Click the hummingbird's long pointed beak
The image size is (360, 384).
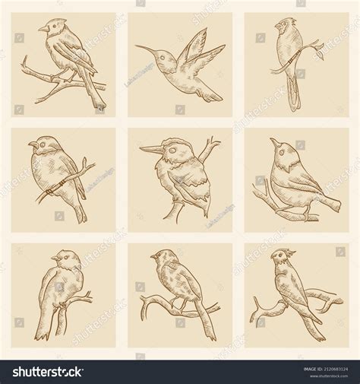pyautogui.click(x=145, y=49)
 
